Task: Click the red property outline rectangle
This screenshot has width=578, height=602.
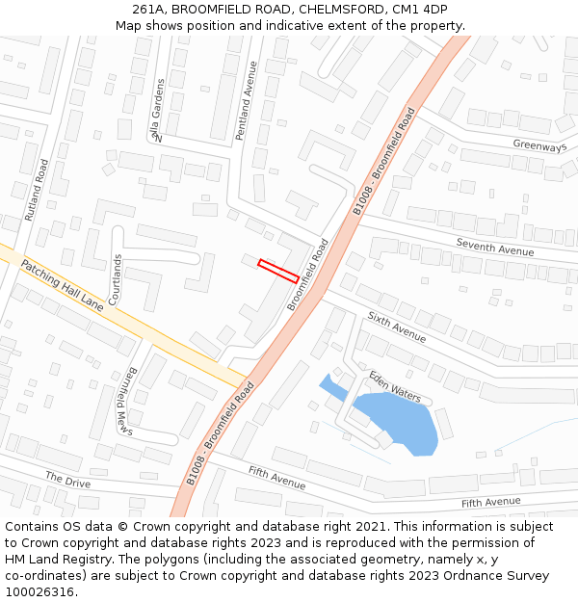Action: tap(278, 271)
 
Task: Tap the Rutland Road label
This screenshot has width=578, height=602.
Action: tap(37, 190)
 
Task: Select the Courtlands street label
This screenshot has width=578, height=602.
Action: tap(116, 279)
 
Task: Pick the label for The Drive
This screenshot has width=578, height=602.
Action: tap(67, 479)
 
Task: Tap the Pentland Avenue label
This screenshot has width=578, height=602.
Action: tap(246, 101)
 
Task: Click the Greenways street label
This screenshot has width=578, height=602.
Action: tap(539, 145)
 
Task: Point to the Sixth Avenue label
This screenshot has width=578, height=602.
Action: tap(396, 327)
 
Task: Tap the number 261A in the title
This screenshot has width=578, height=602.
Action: tap(148, 10)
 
